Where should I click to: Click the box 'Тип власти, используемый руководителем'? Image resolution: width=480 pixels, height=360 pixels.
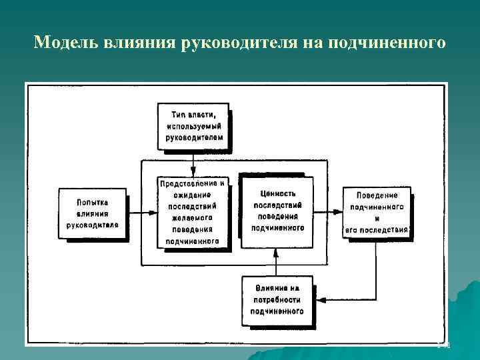(x=193, y=125)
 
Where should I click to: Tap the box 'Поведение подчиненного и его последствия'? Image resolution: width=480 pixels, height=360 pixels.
(x=377, y=213)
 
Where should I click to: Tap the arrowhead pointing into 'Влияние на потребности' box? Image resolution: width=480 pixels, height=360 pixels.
(x=319, y=300)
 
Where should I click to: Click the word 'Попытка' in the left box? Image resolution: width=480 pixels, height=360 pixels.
(x=92, y=202)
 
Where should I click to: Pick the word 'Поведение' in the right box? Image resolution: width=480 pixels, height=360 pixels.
(x=377, y=195)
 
